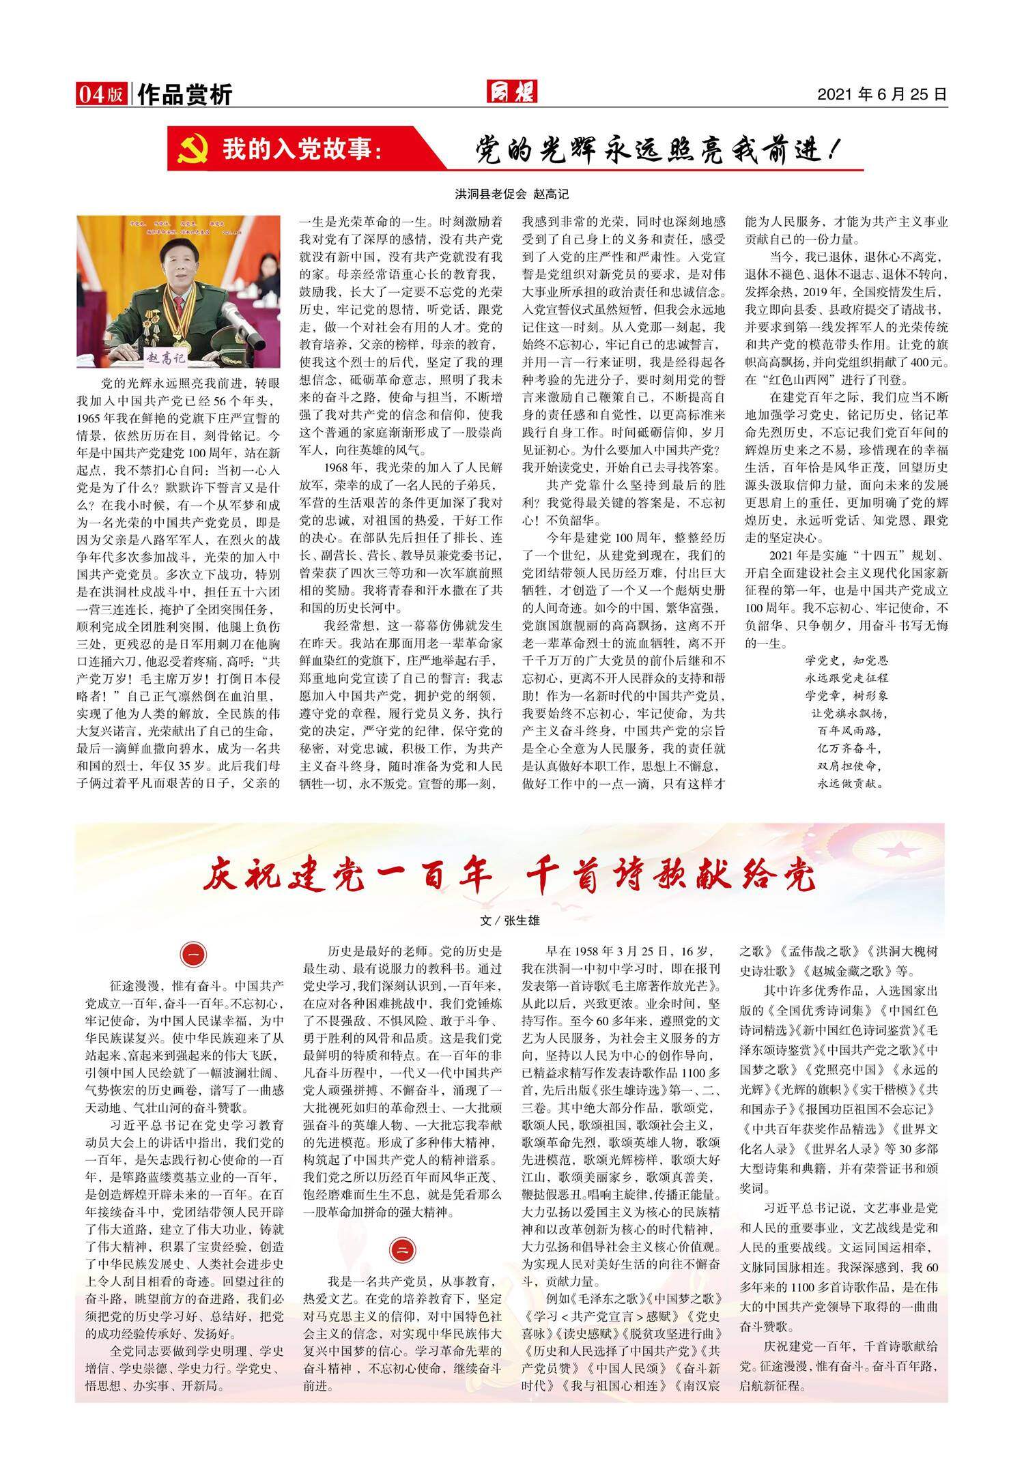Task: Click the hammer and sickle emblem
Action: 193,149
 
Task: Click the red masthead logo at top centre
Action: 511,91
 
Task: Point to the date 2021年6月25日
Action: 882,94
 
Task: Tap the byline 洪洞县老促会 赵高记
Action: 511,194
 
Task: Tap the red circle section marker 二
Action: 401,1249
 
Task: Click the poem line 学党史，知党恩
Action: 846,661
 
